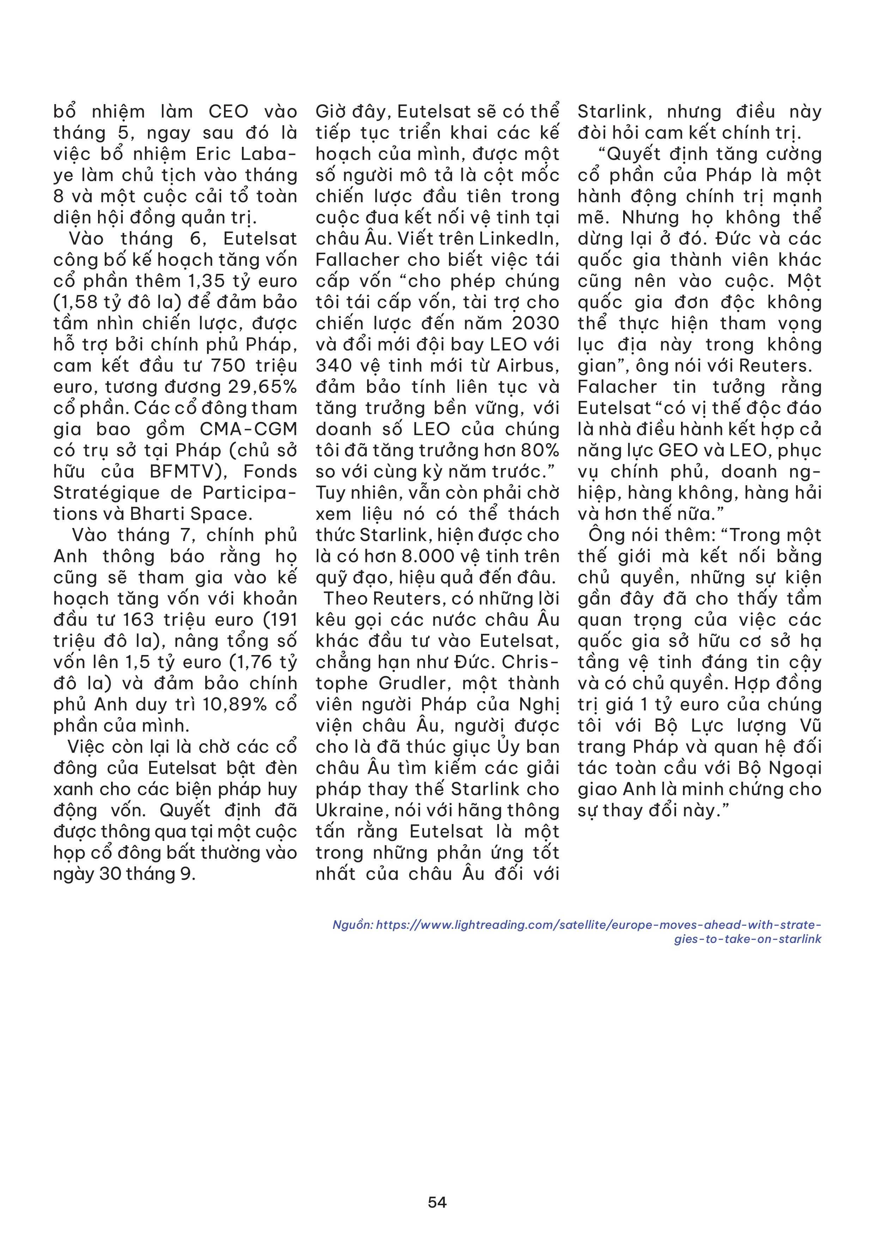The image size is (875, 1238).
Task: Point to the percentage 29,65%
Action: pos(267,387)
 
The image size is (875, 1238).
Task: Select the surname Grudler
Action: pos(409,684)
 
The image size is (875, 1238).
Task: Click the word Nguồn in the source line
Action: pos(352,925)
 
